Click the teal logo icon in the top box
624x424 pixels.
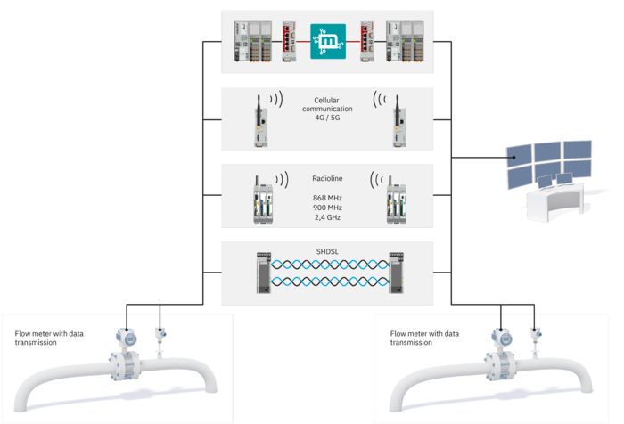click(x=327, y=42)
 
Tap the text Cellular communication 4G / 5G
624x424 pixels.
click(x=327, y=110)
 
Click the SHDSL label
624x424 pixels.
click(x=327, y=250)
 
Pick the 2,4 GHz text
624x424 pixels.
click(x=327, y=216)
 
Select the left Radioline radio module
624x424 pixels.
click(x=262, y=200)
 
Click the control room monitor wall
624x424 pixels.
click(x=550, y=160)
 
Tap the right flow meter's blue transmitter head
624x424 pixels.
click(x=501, y=338)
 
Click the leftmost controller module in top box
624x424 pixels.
click(x=246, y=42)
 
